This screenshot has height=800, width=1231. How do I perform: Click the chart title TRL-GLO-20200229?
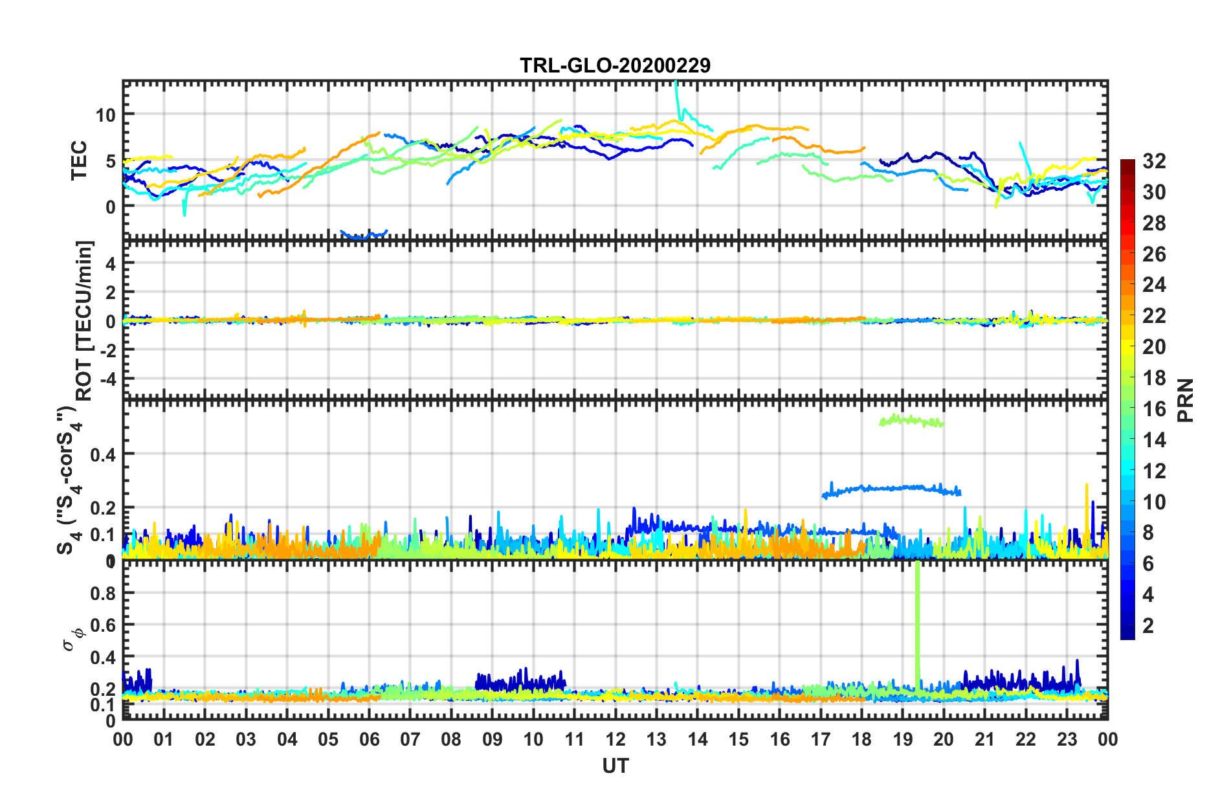(x=615, y=65)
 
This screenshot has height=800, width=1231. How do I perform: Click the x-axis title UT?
(x=615, y=766)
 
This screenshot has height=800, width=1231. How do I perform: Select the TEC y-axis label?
(x=79, y=161)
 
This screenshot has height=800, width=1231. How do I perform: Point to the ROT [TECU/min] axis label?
(x=84, y=320)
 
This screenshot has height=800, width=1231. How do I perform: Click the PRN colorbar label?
(x=1186, y=400)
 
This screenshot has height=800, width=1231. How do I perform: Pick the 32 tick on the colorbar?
(x=1153, y=161)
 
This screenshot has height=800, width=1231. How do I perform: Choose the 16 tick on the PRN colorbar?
(x=1153, y=409)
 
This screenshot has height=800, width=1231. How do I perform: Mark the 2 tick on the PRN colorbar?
(x=1148, y=625)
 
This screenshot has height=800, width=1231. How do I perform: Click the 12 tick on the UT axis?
(x=615, y=739)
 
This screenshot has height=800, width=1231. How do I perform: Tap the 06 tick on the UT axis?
(x=369, y=739)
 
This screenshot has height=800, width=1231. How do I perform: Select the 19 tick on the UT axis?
(x=903, y=739)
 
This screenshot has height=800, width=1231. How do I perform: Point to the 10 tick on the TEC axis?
(x=105, y=116)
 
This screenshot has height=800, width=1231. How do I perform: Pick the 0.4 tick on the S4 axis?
(x=103, y=454)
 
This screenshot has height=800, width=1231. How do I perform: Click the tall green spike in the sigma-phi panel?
(x=917, y=621)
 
